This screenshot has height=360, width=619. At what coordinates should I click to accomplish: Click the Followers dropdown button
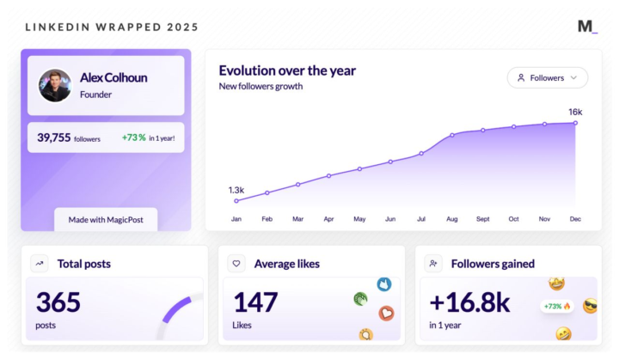548,77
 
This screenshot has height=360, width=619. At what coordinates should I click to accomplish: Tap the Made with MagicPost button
106,219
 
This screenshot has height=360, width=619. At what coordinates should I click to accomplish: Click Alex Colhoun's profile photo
55,85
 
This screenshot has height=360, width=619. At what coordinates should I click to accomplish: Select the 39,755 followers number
54,137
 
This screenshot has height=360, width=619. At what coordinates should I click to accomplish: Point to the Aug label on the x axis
452,219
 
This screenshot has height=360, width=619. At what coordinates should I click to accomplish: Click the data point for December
575,123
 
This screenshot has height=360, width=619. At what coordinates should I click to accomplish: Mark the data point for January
236,201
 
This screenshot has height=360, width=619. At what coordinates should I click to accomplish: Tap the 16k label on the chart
575,112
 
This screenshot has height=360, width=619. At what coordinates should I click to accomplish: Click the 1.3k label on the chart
236,189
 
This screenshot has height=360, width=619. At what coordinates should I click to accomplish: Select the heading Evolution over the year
287,70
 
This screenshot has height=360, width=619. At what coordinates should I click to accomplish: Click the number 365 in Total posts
58,302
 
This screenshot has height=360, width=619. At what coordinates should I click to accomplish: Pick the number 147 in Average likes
256,302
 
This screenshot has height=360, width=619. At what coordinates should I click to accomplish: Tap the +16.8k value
470,302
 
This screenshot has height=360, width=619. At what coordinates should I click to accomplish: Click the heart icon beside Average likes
236,264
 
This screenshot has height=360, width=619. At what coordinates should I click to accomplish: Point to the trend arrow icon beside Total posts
40,264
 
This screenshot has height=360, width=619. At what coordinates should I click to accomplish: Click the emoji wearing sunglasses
590,306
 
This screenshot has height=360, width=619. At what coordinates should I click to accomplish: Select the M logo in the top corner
587,27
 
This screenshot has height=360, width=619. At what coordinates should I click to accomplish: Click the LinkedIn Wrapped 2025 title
112,27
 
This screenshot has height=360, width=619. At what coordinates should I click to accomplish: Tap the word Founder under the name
96,95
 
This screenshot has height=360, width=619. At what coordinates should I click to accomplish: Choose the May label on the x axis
359,219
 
